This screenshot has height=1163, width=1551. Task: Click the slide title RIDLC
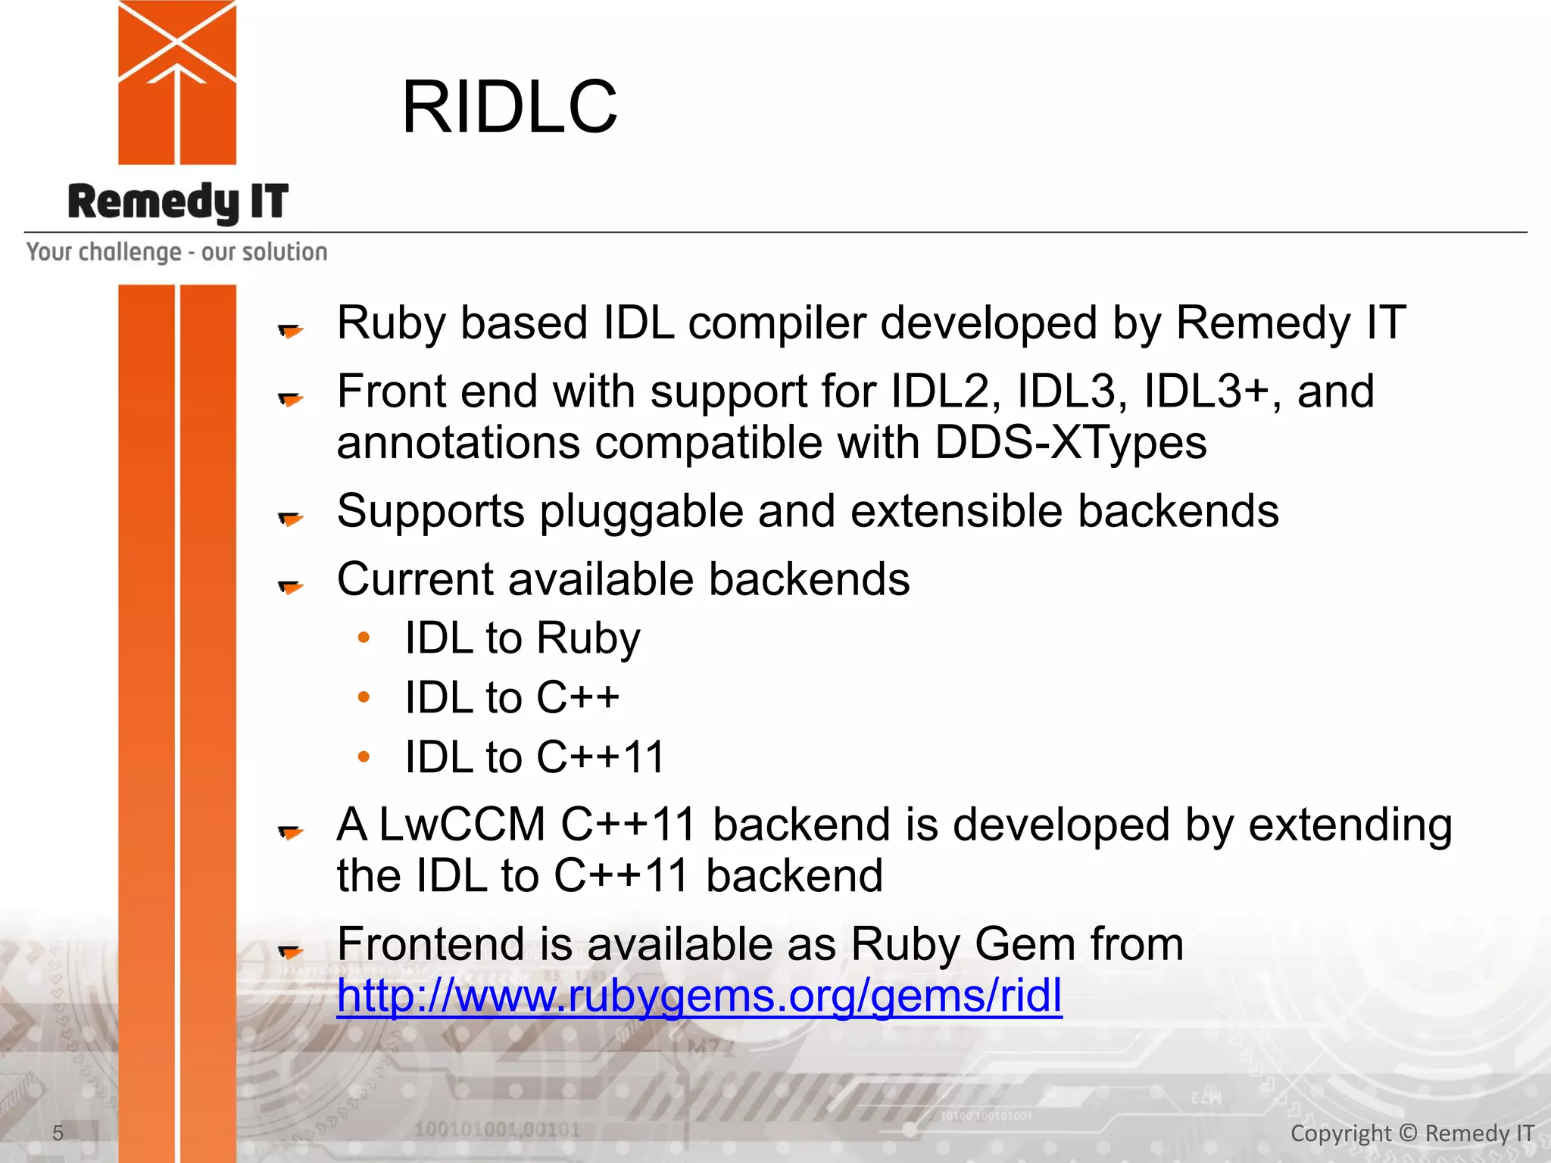tap(509, 108)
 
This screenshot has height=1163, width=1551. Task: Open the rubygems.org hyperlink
tap(698, 995)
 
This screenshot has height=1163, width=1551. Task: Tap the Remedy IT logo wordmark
tap(178, 202)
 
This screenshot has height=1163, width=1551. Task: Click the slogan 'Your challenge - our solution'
tap(176, 251)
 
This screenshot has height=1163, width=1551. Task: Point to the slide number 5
tap(58, 1133)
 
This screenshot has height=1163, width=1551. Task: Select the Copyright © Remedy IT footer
tap(1412, 1133)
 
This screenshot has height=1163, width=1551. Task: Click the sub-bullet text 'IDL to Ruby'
tap(522, 638)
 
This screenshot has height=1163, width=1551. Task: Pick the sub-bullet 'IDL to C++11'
tap(534, 757)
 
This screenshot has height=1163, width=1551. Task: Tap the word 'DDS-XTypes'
tap(1070, 442)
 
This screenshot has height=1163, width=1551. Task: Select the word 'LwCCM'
tap(461, 824)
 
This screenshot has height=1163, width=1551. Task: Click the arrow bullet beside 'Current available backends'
tap(290, 587)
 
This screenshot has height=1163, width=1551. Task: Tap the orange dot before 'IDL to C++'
tap(364, 697)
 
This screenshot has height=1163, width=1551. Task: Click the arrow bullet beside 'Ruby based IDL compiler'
tap(290, 330)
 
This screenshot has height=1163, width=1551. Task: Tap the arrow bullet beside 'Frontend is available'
tap(290, 951)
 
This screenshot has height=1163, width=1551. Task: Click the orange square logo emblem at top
tap(177, 82)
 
